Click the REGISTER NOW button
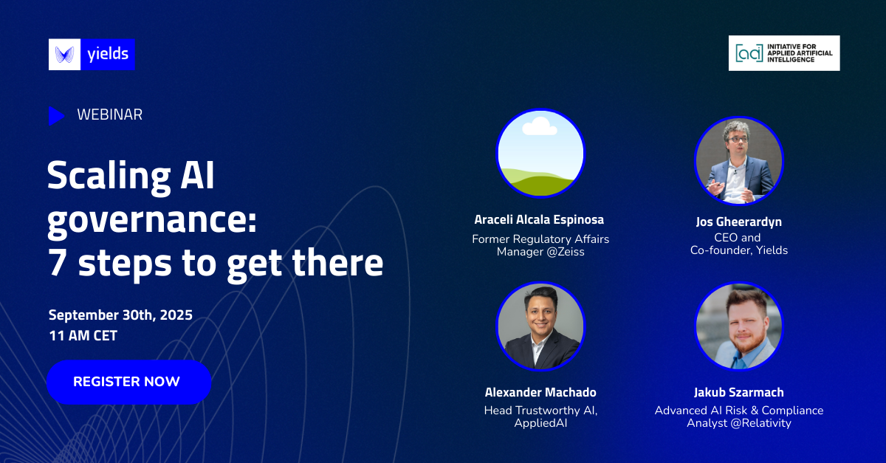pyautogui.click(x=129, y=382)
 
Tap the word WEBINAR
pyautogui.click(x=109, y=114)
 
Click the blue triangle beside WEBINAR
pyautogui.click(x=57, y=115)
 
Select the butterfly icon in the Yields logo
pyautogui.click(x=64, y=55)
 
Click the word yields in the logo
pyautogui.click(x=108, y=54)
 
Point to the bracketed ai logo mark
pyautogui.click(x=749, y=53)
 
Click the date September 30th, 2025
pyautogui.click(x=120, y=315)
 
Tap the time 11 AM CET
pyautogui.click(x=83, y=335)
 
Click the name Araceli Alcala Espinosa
pyautogui.click(x=539, y=219)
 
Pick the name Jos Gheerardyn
pyautogui.click(x=739, y=222)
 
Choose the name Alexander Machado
pyautogui.click(x=540, y=392)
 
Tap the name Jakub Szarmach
pyautogui.click(x=739, y=392)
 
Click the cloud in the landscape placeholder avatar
pyautogui.click(x=540, y=126)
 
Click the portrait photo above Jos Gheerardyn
pyautogui.click(x=739, y=161)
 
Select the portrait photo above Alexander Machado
pyautogui.click(x=540, y=326)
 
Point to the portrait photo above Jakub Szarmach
pyautogui.click(x=739, y=326)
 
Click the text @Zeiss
pyautogui.click(x=566, y=252)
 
